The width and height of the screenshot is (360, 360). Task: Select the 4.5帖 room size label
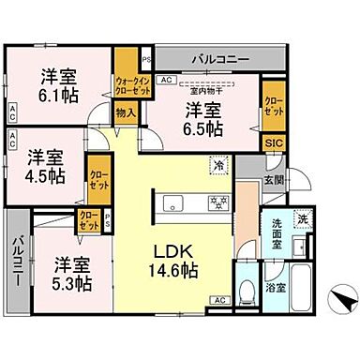pyautogui.click(x=45, y=174)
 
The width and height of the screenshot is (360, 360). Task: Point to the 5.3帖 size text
pyautogui.click(x=71, y=282)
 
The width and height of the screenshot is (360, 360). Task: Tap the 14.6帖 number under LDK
pyautogui.click(x=176, y=271)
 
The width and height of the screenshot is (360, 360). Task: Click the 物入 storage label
pyautogui.click(x=126, y=112)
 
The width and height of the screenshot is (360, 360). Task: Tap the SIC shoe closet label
pyautogui.click(x=271, y=141)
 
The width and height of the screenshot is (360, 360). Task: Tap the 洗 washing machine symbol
pyautogui.click(x=302, y=220)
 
